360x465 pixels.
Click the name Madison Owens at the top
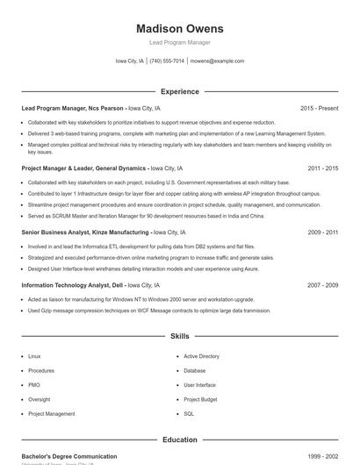click(x=179, y=28)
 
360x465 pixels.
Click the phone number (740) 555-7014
click(x=167, y=61)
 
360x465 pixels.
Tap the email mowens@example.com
click(x=217, y=61)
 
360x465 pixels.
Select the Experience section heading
click(x=179, y=91)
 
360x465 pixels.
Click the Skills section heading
click(x=179, y=336)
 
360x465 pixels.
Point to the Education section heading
click(x=179, y=440)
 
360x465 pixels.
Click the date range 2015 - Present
click(x=319, y=108)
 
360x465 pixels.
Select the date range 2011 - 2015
click(x=322, y=168)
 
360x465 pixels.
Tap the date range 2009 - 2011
click(x=322, y=232)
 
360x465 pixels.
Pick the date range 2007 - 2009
click(x=322, y=285)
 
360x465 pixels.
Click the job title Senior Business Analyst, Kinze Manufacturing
click(x=85, y=232)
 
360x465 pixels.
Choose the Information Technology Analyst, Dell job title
click(x=73, y=285)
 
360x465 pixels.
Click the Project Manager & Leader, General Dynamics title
click(x=83, y=168)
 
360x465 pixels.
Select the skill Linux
click(x=34, y=356)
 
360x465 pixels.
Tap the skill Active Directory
click(x=201, y=356)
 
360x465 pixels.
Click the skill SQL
click(x=189, y=413)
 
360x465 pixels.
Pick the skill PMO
click(x=34, y=385)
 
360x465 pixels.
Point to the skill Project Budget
click(x=200, y=399)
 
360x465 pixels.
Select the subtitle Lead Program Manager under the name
click(x=179, y=42)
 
